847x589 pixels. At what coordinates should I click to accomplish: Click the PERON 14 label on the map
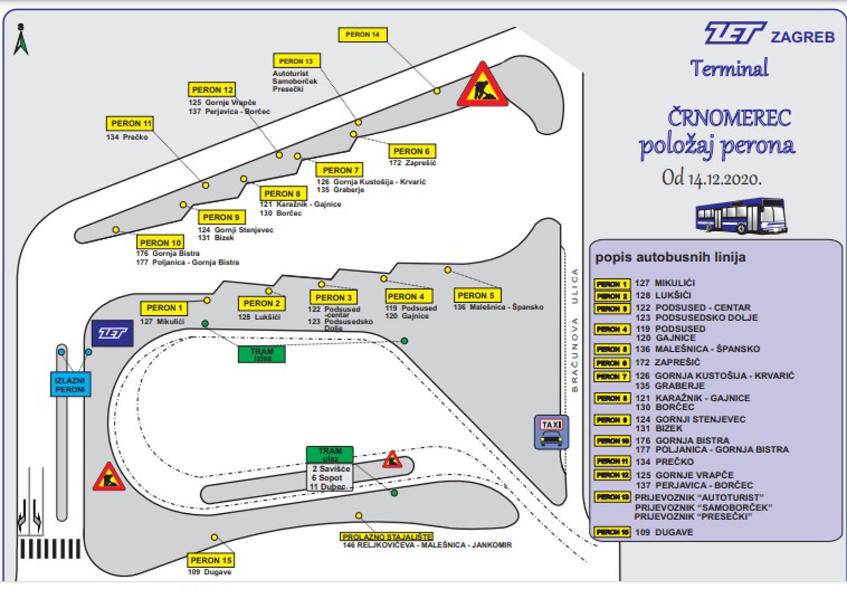coord(363,35)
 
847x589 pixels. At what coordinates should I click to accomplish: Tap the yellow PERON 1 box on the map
coord(164,308)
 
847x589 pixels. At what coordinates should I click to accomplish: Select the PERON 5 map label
coord(477,296)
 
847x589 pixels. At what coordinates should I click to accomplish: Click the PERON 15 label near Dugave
coord(211,560)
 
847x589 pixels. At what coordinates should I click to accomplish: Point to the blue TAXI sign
coord(551,432)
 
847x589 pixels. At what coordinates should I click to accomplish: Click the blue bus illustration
coord(741,216)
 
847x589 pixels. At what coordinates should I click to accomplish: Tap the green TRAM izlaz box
coord(262,354)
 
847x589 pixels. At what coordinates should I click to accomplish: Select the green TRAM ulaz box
coord(329,454)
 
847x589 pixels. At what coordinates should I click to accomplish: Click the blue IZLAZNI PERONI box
coord(70,384)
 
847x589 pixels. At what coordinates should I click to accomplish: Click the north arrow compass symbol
coord(21,40)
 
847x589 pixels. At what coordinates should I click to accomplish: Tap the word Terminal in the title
coord(729,69)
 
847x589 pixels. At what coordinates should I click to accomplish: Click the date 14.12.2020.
coord(724,179)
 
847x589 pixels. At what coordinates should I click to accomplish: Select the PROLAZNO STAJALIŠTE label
coord(387,537)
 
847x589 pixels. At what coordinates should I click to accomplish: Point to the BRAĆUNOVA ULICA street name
coord(574,330)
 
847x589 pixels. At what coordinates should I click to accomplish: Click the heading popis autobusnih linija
coord(670,257)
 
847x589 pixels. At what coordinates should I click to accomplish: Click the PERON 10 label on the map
coord(160,243)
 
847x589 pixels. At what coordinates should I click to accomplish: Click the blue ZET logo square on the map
coord(113,333)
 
